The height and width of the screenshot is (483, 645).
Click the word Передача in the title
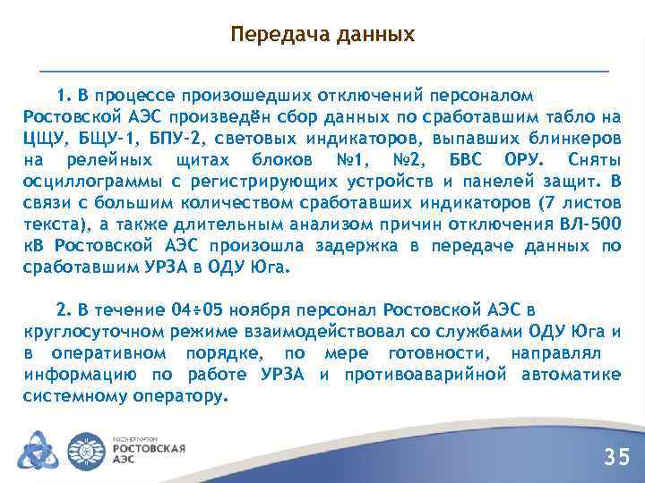(x=273, y=35)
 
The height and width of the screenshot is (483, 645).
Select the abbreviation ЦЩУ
(x=44, y=139)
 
